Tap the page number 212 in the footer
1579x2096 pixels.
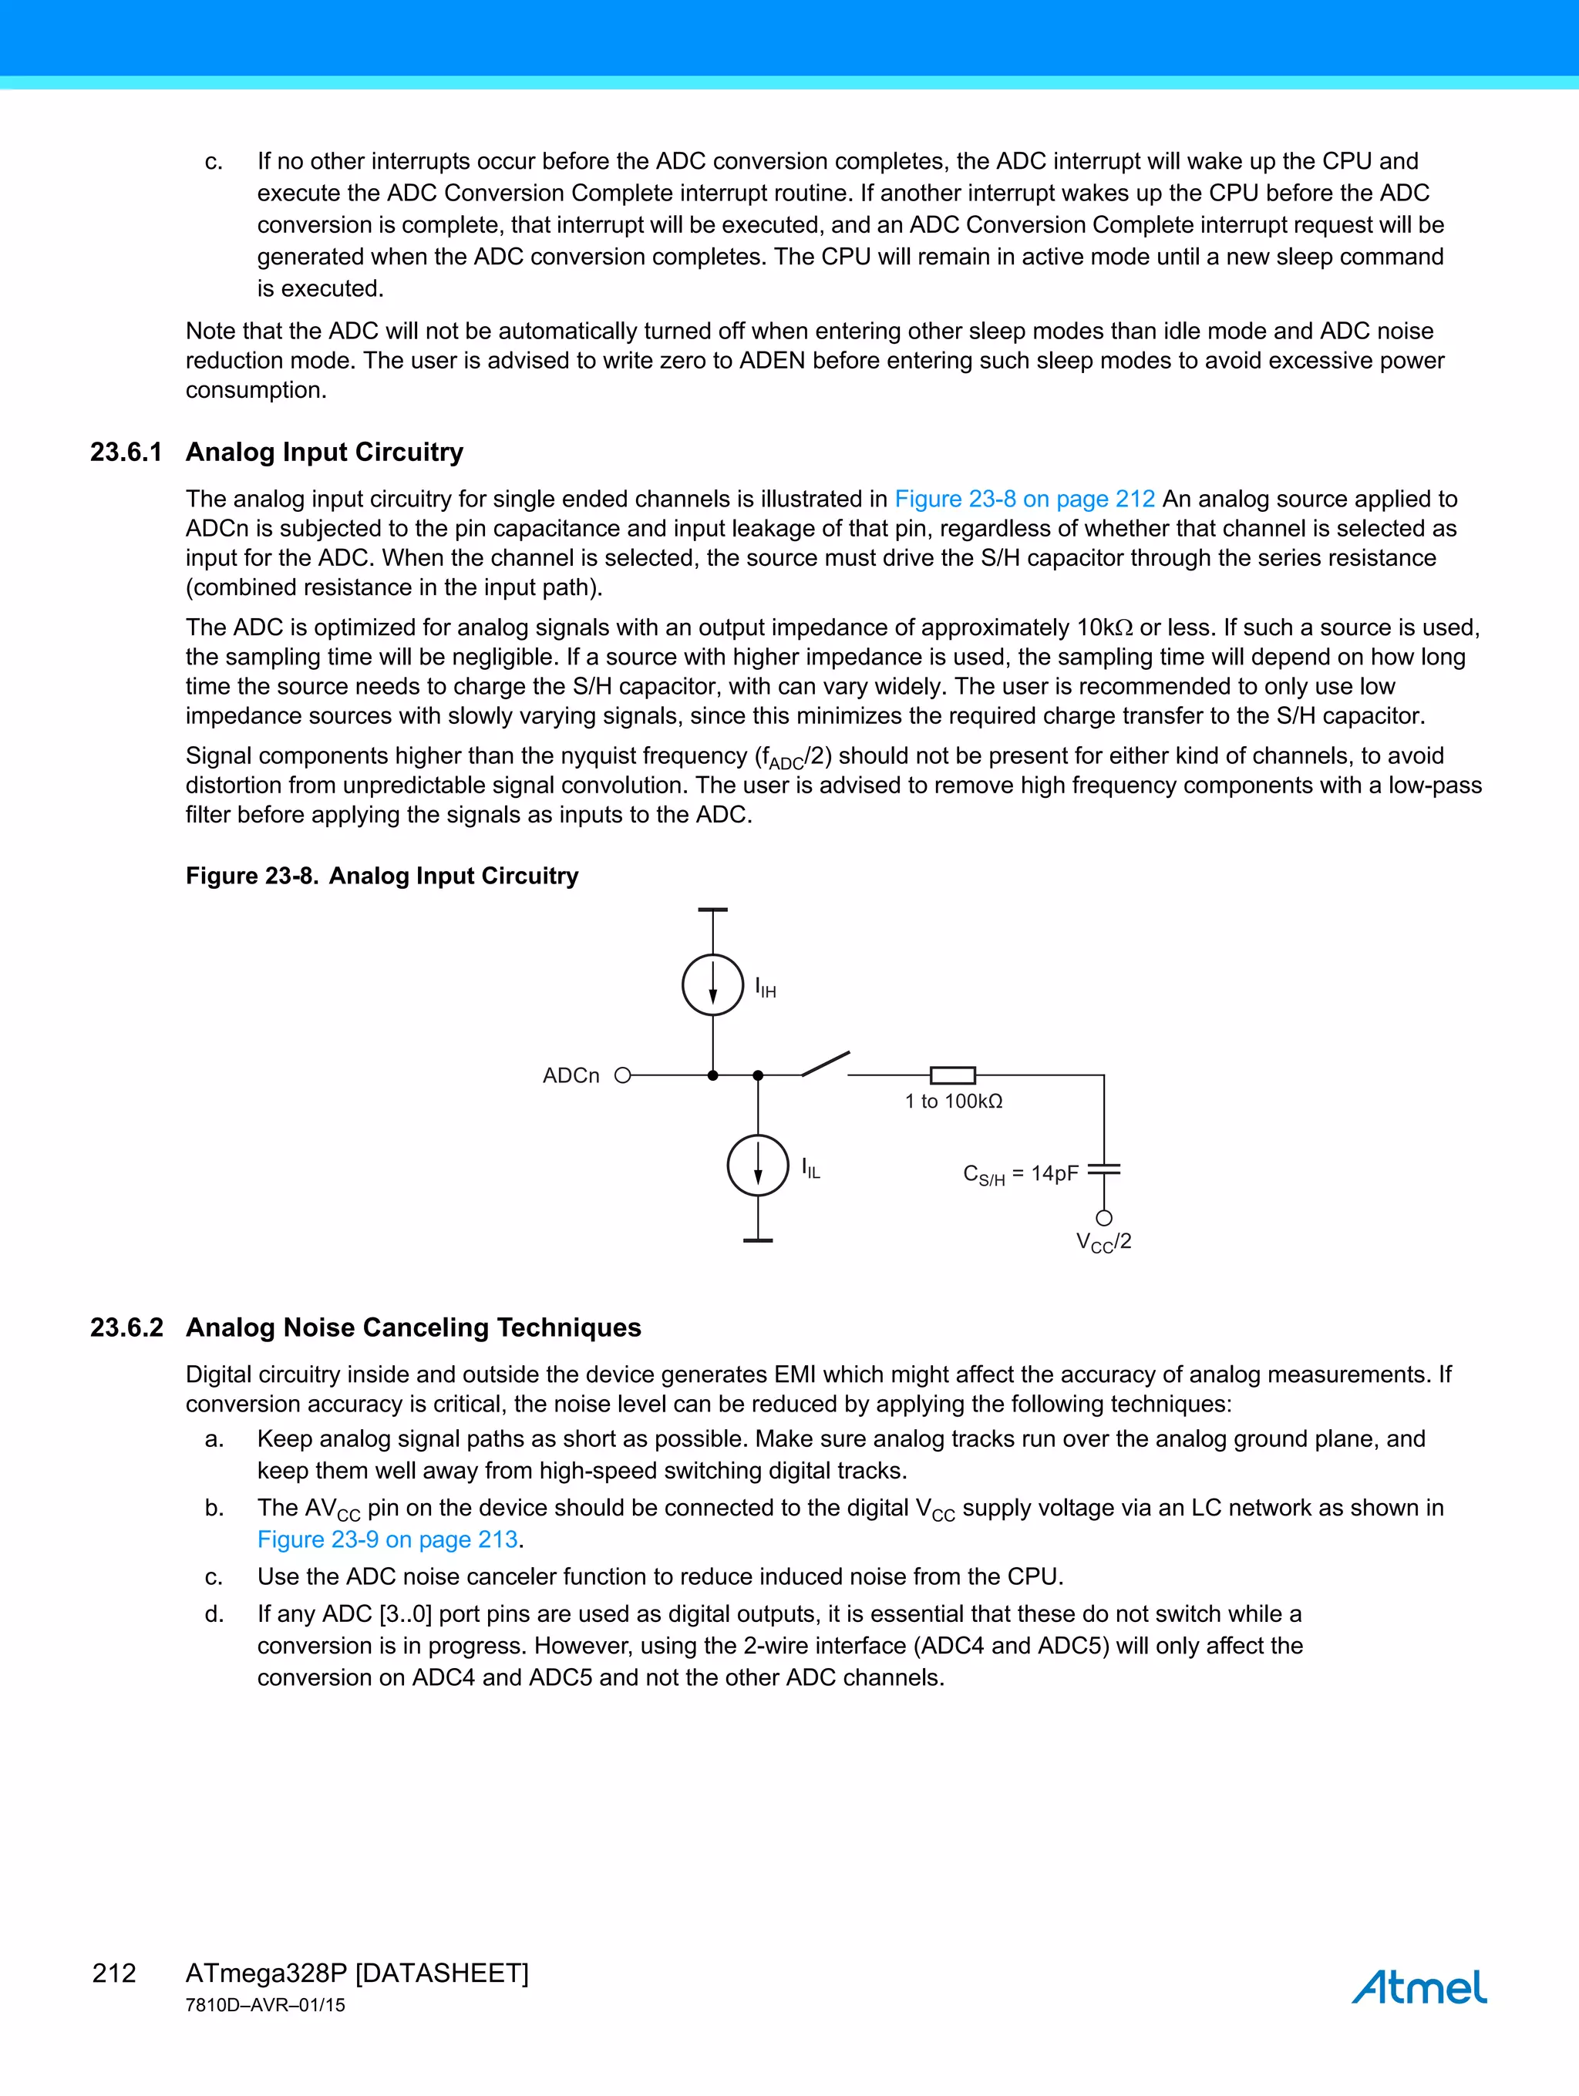pyautogui.click(x=114, y=1973)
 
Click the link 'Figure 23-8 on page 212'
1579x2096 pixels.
pyautogui.click(x=1025, y=499)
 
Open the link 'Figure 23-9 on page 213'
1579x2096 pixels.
pyautogui.click(x=388, y=1539)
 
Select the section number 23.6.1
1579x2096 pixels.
pyautogui.click(x=126, y=452)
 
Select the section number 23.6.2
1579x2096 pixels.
pyautogui.click(x=126, y=1327)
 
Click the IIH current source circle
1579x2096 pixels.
pyautogui.click(x=712, y=984)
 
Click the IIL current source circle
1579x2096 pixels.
pyautogui.click(x=757, y=1165)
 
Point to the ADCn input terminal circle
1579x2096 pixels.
pyautogui.click(x=623, y=1075)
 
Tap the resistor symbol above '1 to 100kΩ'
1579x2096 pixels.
pyautogui.click(x=952, y=1075)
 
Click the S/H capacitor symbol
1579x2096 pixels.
pyautogui.click(x=1104, y=1170)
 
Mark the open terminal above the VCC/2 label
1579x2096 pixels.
pyautogui.click(x=1104, y=1218)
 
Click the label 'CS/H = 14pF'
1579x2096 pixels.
pyautogui.click(x=1021, y=1175)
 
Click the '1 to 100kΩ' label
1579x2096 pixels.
pyautogui.click(x=954, y=1101)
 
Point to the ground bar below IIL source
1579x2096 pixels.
pyautogui.click(x=757, y=1240)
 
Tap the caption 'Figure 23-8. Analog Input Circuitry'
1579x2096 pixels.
pyautogui.click(x=381, y=876)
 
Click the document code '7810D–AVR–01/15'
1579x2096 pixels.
pyautogui.click(x=265, y=2005)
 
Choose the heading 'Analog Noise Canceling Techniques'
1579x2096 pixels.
pyautogui.click(x=413, y=1327)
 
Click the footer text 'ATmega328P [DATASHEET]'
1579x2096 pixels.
pyautogui.click(x=356, y=1973)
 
